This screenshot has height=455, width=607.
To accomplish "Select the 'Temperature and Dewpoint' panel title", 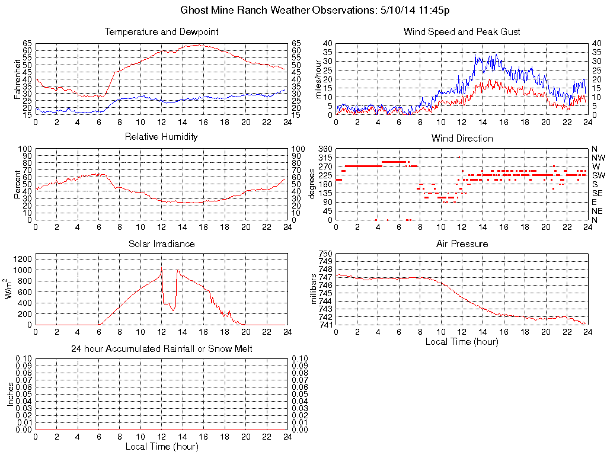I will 161,31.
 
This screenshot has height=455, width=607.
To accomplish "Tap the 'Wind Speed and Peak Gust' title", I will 462,31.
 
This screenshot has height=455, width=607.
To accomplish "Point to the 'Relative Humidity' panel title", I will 161,137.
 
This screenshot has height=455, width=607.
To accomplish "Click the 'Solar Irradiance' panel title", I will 161,243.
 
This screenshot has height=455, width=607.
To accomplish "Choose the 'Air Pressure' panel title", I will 462,243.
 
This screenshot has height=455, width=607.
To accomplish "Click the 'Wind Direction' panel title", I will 462,138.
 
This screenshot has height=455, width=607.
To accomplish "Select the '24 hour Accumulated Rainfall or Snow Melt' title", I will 161,349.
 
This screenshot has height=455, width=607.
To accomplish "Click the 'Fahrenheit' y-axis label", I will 18,79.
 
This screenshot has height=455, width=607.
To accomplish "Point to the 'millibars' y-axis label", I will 314,289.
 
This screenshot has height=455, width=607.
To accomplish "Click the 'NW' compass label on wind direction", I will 598,158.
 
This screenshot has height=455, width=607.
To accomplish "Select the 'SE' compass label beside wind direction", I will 598,193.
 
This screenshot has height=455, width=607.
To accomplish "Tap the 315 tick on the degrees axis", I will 324,158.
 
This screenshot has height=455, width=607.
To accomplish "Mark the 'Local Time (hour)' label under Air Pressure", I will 462,341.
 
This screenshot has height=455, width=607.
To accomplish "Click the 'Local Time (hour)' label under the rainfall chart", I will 161,446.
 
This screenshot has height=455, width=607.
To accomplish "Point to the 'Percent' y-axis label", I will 18,184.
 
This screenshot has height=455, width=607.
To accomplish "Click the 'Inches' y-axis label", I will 11,394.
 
